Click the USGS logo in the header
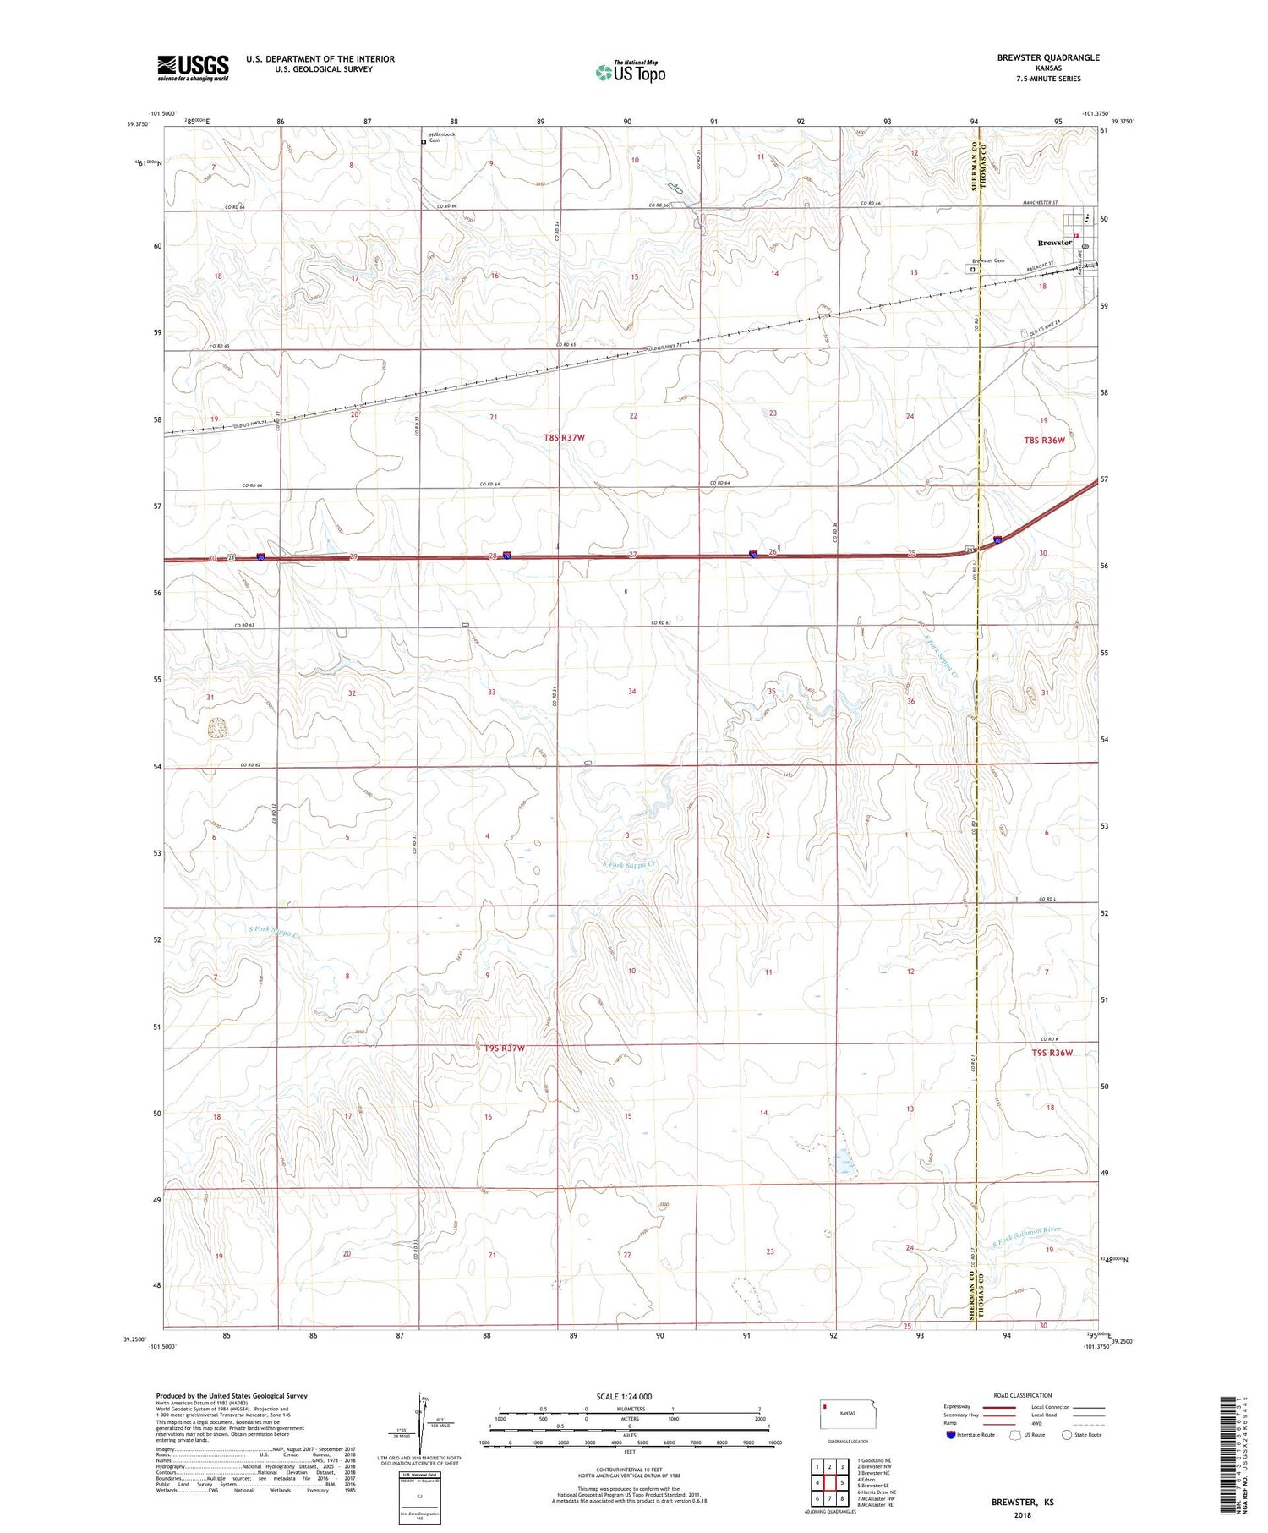[193, 68]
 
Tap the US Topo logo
[630, 72]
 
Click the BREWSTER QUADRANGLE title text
[1048, 57]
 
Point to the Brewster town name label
[1054, 243]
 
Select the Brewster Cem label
[987, 260]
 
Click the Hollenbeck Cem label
[441, 137]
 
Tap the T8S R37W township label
[564, 437]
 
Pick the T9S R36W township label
[1052, 1053]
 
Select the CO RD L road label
[1048, 898]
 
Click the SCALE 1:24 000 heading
[624, 1396]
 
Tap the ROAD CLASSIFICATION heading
[1023, 1395]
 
